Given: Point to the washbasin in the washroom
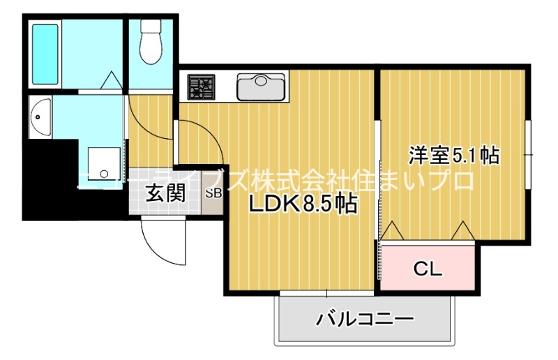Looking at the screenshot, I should tap(39, 116).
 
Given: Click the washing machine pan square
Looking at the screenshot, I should tap(105, 165).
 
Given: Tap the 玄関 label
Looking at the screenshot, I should tap(165, 193).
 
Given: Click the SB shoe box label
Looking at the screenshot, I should tap(213, 193).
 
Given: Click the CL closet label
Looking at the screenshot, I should tap(427, 267).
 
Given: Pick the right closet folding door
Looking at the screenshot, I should tap(462, 231).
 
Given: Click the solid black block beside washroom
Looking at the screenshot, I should tap(49, 178).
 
